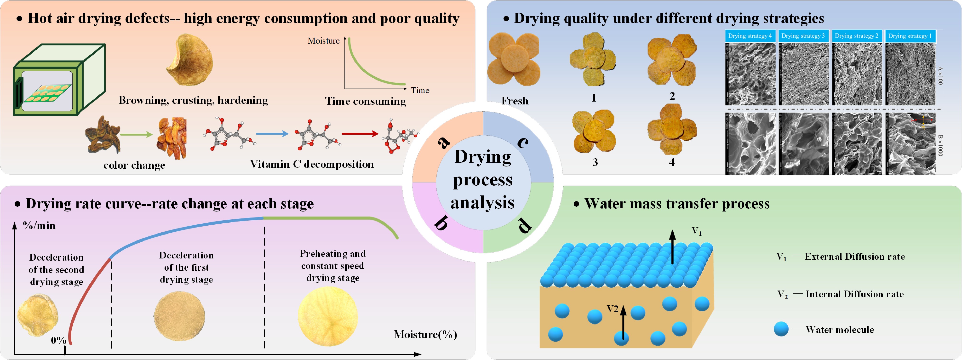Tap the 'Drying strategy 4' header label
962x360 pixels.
click(750, 36)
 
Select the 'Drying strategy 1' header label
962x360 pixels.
click(910, 36)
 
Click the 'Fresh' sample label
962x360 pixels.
click(515, 101)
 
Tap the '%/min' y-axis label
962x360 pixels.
click(39, 226)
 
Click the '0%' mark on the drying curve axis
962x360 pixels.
click(58, 340)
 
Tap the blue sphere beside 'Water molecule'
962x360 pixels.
click(781, 329)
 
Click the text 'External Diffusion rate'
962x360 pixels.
click(854, 257)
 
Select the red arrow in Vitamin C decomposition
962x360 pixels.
click(360, 134)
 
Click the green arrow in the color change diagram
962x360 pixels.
click(136, 134)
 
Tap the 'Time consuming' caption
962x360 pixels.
click(365, 101)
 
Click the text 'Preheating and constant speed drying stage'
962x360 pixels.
click(332, 266)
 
